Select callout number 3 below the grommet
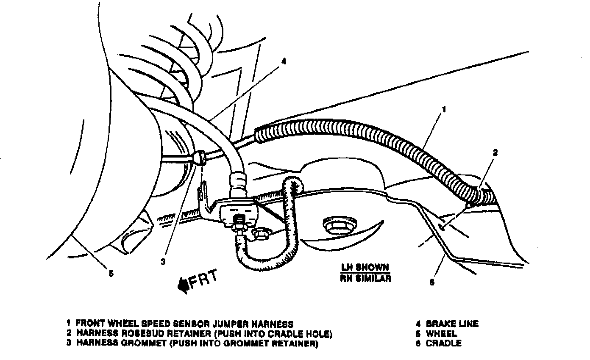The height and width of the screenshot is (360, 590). tap(163, 262)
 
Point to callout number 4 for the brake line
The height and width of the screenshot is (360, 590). tap(284, 61)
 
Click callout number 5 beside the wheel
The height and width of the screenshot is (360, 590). tap(111, 274)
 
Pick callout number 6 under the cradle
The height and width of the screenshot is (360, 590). tap(432, 282)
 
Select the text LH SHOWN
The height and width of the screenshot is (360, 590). tap(365, 268)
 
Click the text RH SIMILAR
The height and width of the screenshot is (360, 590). tap(365, 279)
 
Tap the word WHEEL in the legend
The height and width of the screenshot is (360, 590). tap(441, 334)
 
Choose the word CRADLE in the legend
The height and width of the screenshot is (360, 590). tap(443, 343)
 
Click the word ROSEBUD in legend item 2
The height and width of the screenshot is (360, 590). tap(135, 334)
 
